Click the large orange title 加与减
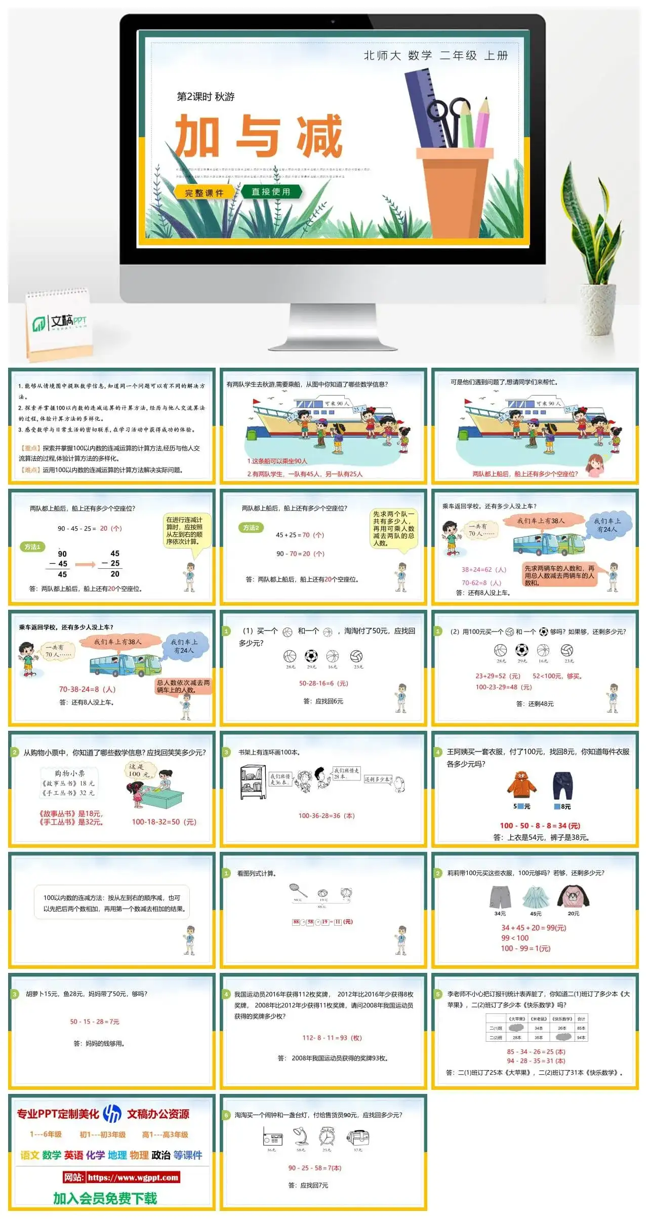point(259,136)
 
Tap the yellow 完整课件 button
point(204,193)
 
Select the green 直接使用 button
point(271,192)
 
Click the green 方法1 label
point(32,547)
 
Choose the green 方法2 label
point(251,528)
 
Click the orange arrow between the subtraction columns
point(85,564)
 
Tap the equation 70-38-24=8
point(87,689)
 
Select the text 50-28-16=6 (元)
point(323,683)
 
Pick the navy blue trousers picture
point(562,785)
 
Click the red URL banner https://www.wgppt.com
point(121,1177)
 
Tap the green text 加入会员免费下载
point(105,1198)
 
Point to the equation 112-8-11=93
point(332,1038)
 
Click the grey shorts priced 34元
point(500,897)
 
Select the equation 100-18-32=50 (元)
point(164,822)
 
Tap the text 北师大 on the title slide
point(382,56)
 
